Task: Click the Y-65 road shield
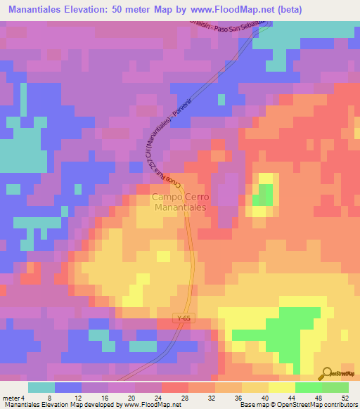click(184, 319)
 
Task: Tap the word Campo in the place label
click(167, 198)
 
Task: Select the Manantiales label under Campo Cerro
click(179, 209)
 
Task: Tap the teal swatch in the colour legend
click(41, 387)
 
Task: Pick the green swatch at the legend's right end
click(335, 387)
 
